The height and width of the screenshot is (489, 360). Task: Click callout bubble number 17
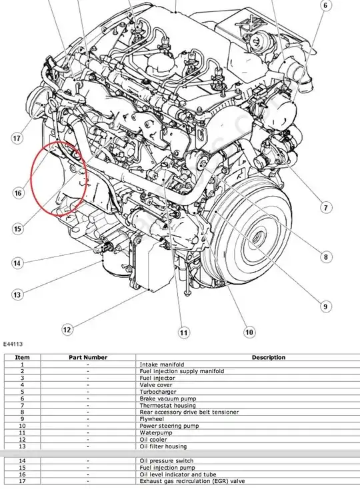tap(17, 138)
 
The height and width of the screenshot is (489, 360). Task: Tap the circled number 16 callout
tap(19, 193)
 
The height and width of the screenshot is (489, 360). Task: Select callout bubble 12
tap(67, 329)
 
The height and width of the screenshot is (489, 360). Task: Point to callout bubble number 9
tap(325, 306)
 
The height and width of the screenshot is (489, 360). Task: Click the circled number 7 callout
tap(326, 207)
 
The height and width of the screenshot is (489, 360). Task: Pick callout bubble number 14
tap(17, 263)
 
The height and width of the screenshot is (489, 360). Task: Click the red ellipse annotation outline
tap(31, 179)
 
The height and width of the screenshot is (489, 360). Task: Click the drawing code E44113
tap(13, 344)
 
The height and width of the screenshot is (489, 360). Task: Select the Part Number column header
tap(88, 357)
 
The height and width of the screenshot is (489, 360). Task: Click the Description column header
tap(269, 357)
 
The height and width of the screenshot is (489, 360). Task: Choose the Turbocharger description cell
tap(158, 392)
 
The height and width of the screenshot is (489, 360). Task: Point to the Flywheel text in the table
tap(151, 419)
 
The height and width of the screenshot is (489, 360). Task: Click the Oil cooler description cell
tap(153, 440)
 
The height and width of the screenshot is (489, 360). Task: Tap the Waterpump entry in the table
tap(156, 432)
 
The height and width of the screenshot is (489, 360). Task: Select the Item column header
tap(22, 357)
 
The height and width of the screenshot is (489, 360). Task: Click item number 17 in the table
tap(22, 481)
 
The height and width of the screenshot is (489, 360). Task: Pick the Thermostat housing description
tap(167, 406)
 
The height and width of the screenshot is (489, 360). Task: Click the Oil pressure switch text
tap(166, 460)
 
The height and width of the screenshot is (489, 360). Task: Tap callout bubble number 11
tap(184, 332)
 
